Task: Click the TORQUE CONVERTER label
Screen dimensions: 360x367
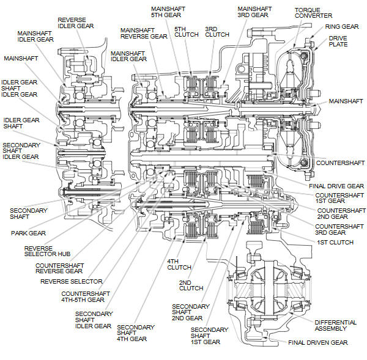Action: [x=313, y=13]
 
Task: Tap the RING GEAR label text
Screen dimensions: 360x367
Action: [x=341, y=27]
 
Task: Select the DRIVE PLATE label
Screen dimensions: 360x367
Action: [x=338, y=41]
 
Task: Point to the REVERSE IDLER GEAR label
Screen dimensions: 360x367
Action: [x=76, y=23]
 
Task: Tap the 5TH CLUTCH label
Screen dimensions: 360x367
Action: [x=187, y=32]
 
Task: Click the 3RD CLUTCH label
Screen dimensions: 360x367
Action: [x=217, y=32]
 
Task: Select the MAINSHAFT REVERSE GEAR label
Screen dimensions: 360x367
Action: [x=144, y=33]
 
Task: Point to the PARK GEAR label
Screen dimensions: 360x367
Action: [x=28, y=233]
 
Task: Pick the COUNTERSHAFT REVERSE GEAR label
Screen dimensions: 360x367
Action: [x=59, y=268]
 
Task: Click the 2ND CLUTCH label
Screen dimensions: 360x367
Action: [x=191, y=285]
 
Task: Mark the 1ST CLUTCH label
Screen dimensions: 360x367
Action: [x=335, y=243]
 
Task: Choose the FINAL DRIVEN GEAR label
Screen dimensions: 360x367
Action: [x=317, y=343]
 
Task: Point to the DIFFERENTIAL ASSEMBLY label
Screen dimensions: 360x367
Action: [x=335, y=326]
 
